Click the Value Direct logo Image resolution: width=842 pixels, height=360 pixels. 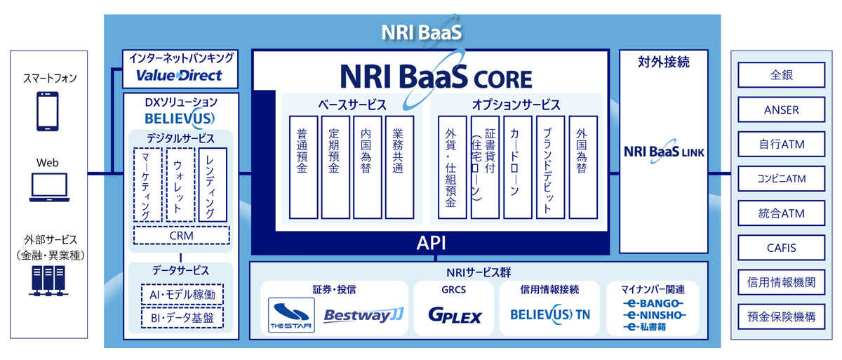(x=179, y=75)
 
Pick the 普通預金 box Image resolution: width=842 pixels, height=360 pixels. (x=303, y=166)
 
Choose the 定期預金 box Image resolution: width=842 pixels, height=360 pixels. (x=335, y=166)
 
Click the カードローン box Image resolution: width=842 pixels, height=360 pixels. (x=517, y=166)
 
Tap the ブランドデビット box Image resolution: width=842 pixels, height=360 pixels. (x=549, y=166)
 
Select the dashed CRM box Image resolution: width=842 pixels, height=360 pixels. (x=181, y=235)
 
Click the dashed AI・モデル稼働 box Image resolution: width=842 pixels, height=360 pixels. (x=181, y=294)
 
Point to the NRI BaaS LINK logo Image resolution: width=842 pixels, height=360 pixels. (x=664, y=152)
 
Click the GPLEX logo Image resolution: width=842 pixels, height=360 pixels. (x=455, y=316)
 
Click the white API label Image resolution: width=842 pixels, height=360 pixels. (x=431, y=243)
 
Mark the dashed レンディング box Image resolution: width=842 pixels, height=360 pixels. (x=213, y=184)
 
